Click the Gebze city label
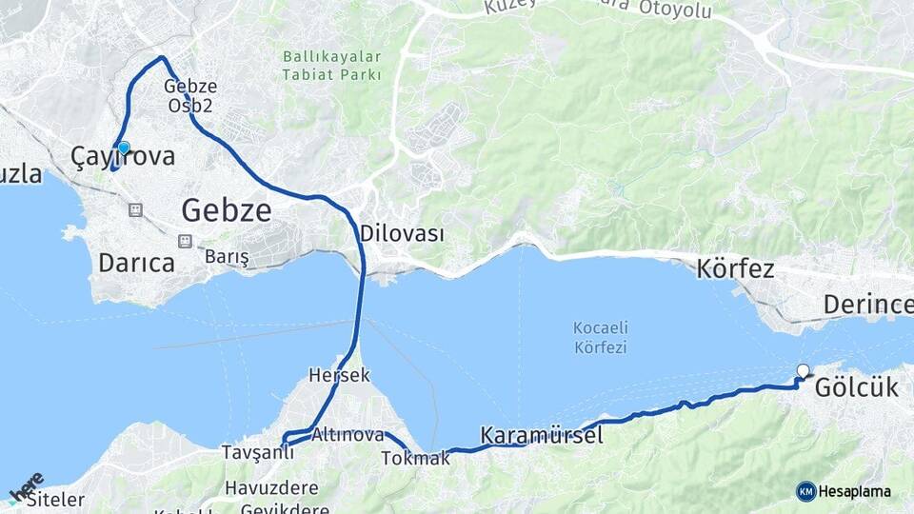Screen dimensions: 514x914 pyautogui.click(x=227, y=209)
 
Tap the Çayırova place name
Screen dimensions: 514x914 pyautogui.click(x=124, y=157)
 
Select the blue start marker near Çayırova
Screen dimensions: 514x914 pyautogui.click(x=123, y=148)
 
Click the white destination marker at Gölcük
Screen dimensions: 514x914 pyautogui.click(x=803, y=371)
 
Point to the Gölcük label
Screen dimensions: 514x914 pyautogui.click(x=856, y=388)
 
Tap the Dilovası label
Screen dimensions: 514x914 pyautogui.click(x=402, y=233)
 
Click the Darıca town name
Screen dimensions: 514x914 pyautogui.click(x=136, y=264)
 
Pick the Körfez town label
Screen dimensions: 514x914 pyautogui.click(x=736, y=268)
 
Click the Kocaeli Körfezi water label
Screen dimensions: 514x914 pyautogui.click(x=601, y=338)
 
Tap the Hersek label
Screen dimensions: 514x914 pyautogui.click(x=339, y=375)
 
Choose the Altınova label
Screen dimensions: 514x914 pyautogui.click(x=348, y=435)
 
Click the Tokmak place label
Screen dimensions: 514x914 pyautogui.click(x=415, y=459)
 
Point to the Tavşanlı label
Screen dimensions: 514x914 pyautogui.click(x=257, y=451)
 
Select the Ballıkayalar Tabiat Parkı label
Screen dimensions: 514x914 pyautogui.click(x=332, y=65)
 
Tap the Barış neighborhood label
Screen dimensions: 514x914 pyautogui.click(x=227, y=257)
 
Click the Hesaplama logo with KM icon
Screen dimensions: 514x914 pyautogui.click(x=844, y=491)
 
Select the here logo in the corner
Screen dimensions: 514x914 pyautogui.click(x=26, y=486)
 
